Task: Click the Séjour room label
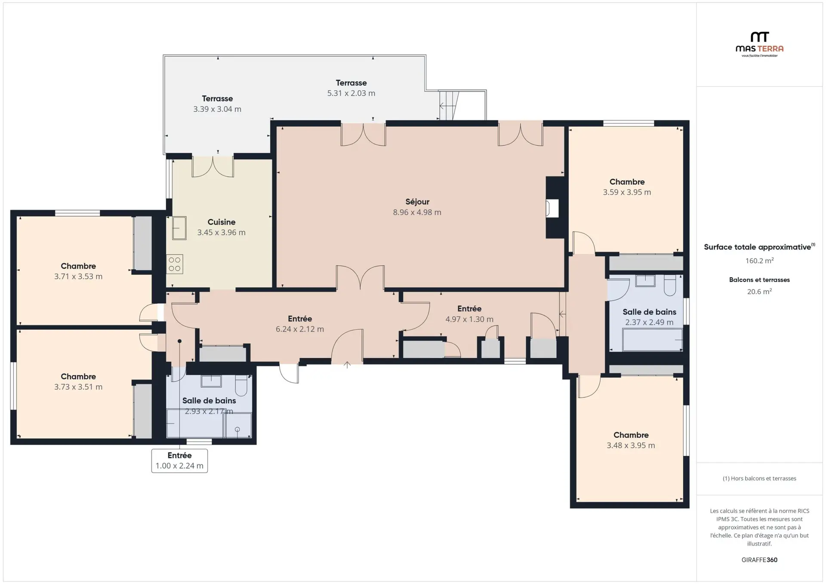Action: tap(417, 202)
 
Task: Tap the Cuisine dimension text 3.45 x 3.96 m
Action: tap(222, 233)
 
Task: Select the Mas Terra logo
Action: tap(759, 44)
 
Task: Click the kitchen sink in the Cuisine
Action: tap(179, 228)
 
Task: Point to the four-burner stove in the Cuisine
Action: tap(175, 264)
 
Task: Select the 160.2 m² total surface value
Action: tap(759, 261)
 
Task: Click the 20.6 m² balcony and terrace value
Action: tap(759, 292)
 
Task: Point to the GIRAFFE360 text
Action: tap(759, 560)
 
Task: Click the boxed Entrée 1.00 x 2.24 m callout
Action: tap(179, 461)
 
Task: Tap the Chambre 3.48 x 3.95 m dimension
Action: tap(631, 446)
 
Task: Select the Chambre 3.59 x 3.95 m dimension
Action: tap(627, 192)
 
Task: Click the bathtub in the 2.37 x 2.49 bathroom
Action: tap(652, 340)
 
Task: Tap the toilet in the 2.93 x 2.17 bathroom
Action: tap(241, 385)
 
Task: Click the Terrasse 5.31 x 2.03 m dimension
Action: tap(351, 93)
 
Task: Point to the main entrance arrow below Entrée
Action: tap(347, 365)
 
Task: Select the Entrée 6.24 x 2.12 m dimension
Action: tap(300, 329)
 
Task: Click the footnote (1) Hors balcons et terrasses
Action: tap(759, 478)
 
